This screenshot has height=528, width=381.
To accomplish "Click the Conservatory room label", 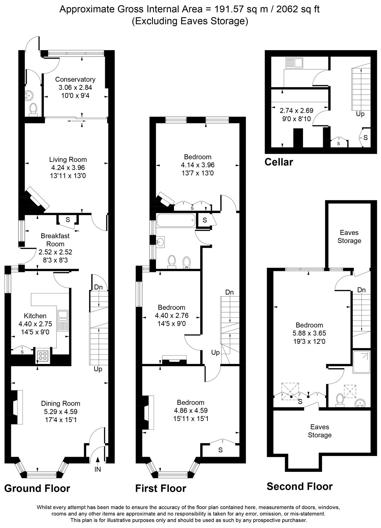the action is pos(75,80).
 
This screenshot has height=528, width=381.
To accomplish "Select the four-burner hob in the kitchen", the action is pos(43,356).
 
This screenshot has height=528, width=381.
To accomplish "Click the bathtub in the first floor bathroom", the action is pos(176,220).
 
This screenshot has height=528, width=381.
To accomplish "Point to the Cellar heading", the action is pos(279,162).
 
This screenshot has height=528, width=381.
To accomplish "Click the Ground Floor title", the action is pos(37,488).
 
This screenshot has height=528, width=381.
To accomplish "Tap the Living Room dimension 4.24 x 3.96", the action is pos(68,168).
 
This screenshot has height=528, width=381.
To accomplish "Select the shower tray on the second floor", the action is pos(362,362).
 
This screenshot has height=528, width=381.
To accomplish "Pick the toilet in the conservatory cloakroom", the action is pos(33,110).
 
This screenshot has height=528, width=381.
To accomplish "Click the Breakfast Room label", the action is pos(55,240).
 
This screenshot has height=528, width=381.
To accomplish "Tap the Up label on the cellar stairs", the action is pos(360,114).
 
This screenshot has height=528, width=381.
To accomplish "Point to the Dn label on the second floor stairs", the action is pos(362,290).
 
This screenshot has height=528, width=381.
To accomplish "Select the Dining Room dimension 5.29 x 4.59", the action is pos(61,412).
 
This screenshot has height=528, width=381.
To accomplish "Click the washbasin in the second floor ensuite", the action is pos(360,403).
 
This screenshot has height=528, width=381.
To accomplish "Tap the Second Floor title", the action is pos(300,486).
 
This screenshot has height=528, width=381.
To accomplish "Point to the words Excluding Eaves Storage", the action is pos(190,21).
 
